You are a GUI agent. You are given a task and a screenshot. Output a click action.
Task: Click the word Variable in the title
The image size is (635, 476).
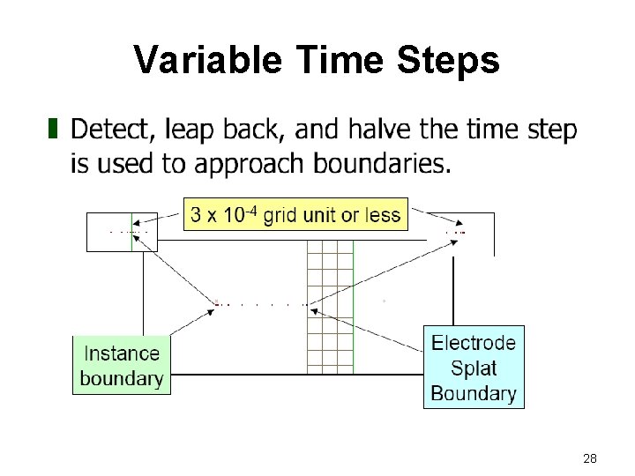(x=208, y=61)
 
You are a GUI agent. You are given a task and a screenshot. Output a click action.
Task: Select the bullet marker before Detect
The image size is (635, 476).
(x=53, y=130)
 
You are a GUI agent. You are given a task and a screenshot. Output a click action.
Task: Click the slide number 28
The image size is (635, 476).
(x=590, y=458)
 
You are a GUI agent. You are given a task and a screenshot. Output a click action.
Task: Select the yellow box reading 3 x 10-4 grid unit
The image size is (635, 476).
(x=295, y=214)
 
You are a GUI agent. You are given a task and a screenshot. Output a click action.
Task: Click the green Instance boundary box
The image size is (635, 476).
(x=122, y=366)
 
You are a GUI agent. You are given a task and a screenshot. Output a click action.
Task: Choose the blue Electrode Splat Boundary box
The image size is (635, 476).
(x=474, y=368)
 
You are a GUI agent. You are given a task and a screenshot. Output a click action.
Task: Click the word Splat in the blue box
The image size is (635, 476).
(x=474, y=368)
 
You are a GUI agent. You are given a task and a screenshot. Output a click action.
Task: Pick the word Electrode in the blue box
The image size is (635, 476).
(x=474, y=343)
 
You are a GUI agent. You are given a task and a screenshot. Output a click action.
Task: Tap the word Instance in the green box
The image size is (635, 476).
(x=122, y=353)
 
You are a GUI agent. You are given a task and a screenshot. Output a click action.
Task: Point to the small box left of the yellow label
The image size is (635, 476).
(x=122, y=232)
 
